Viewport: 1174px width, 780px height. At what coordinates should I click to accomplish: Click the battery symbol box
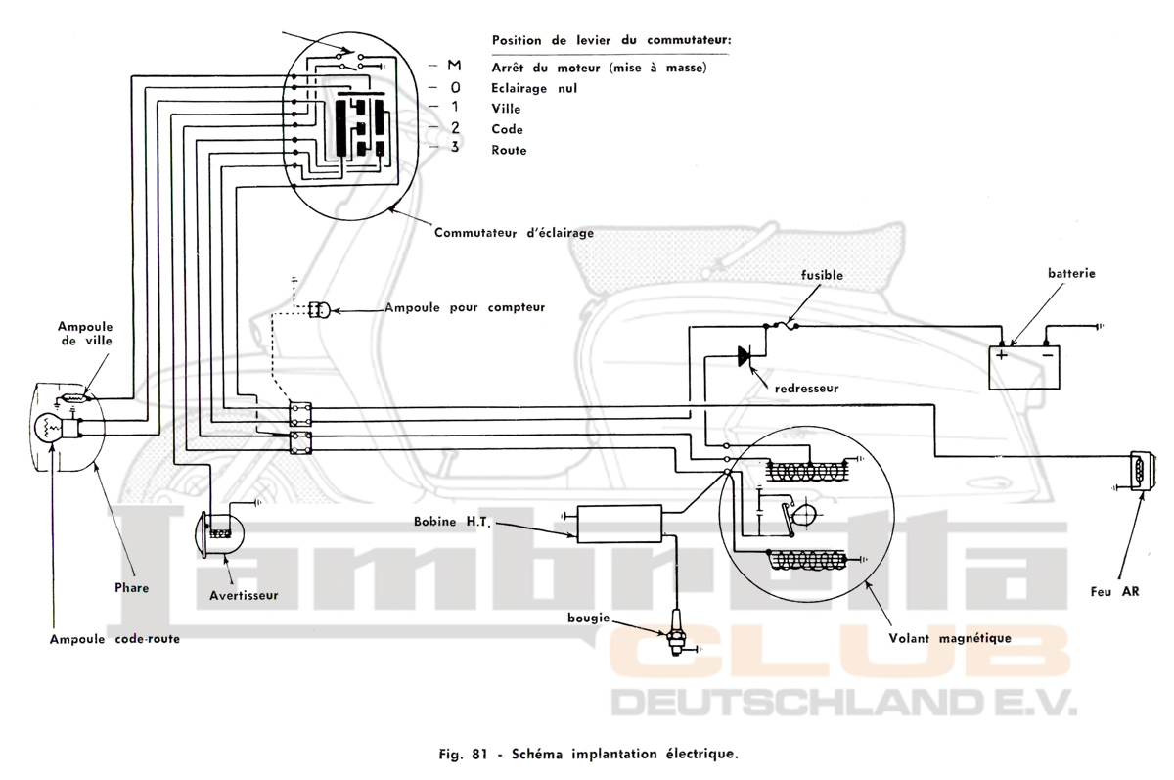click(x=1024, y=367)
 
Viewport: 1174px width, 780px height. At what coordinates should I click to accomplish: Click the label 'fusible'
click(x=822, y=276)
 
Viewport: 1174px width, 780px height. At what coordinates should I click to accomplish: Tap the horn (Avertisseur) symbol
click(x=219, y=532)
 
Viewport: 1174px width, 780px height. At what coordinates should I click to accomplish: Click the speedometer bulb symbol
click(x=320, y=310)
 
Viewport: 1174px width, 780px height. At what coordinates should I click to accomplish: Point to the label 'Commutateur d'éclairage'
click(x=514, y=233)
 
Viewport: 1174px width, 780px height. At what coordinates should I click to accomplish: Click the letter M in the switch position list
click(x=453, y=67)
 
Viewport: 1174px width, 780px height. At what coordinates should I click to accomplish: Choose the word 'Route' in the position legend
click(x=510, y=151)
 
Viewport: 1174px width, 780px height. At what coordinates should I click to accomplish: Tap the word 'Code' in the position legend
click(x=508, y=129)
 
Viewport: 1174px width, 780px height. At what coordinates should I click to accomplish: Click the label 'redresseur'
click(x=806, y=388)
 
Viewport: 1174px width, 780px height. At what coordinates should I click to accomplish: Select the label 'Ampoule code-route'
click(x=115, y=638)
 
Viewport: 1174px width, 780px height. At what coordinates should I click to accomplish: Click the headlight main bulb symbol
click(x=49, y=428)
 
